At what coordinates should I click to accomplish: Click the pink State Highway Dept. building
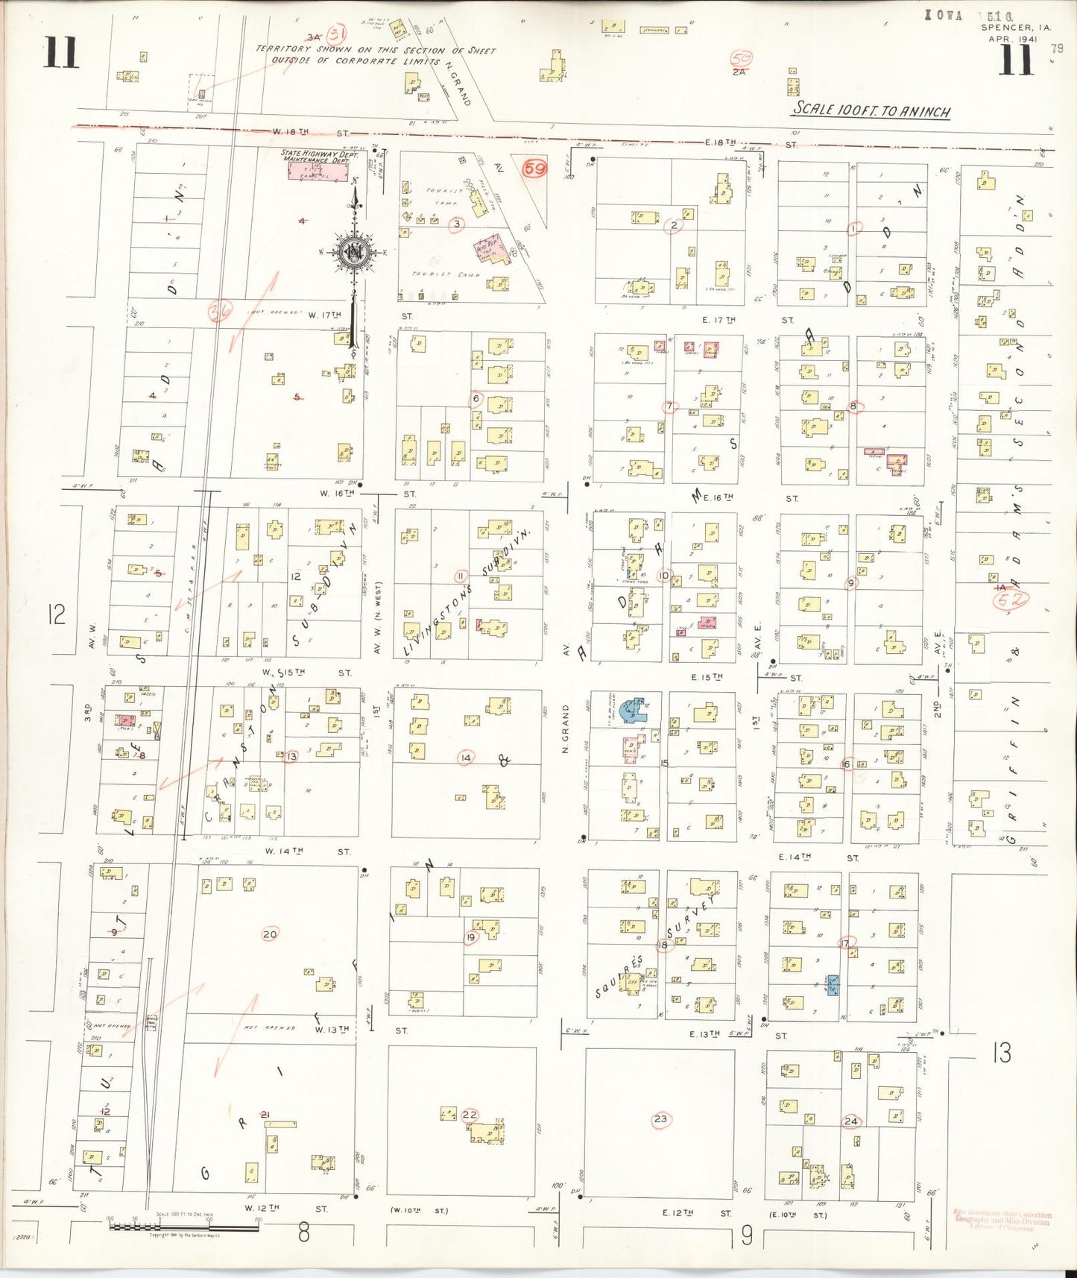coord(318,171)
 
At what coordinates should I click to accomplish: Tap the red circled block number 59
coord(534,169)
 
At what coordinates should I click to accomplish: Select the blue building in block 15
coord(636,709)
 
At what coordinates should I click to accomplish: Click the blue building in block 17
coord(833,984)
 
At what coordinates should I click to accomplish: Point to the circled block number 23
coord(660,1118)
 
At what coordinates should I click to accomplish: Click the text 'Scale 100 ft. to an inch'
coord(871,110)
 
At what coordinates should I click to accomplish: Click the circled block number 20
coord(270,934)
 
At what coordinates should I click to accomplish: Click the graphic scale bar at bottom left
coord(184,1224)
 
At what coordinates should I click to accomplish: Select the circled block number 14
coord(465,758)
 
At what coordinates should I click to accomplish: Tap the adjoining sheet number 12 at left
coord(56,614)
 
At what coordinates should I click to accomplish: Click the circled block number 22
coord(470,1115)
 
